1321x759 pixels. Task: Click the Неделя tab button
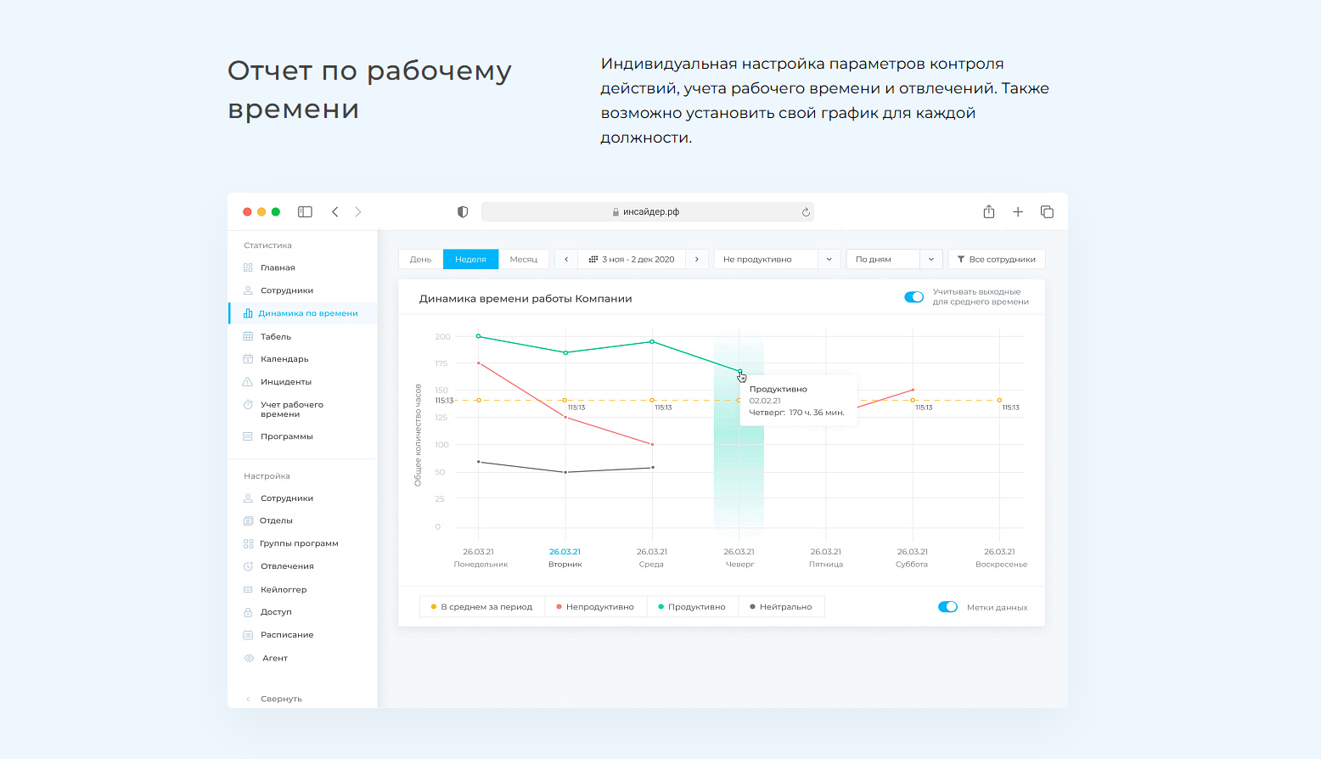(x=470, y=259)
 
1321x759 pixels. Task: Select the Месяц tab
(x=524, y=259)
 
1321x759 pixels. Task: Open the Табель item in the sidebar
(x=275, y=336)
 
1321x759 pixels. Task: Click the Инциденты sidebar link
(x=285, y=382)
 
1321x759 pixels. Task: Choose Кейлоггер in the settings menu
(x=283, y=589)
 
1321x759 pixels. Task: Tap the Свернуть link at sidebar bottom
(x=280, y=699)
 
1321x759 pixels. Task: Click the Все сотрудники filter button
(x=997, y=259)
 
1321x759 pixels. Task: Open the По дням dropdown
(x=895, y=259)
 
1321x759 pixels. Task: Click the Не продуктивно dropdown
(x=777, y=259)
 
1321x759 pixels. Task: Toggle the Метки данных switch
(x=947, y=607)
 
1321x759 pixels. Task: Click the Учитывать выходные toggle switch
(x=913, y=297)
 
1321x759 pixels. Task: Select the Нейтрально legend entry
(x=781, y=607)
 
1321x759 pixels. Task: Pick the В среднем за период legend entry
(x=481, y=607)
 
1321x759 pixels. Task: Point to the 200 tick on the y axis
(x=442, y=337)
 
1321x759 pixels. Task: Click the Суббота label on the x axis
(x=912, y=564)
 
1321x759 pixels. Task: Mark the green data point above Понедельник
(x=479, y=336)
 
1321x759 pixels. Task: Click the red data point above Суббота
(x=913, y=390)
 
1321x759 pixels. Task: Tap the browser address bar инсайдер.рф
(x=647, y=212)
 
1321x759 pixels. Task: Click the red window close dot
(x=247, y=212)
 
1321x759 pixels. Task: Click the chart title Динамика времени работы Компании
(x=526, y=299)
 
